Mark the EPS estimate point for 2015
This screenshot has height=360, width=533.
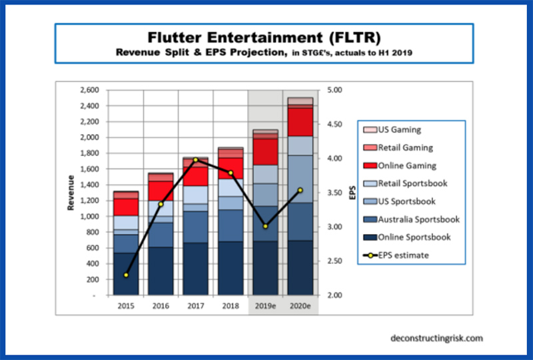tap(126, 275)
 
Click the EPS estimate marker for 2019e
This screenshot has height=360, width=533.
tap(265, 226)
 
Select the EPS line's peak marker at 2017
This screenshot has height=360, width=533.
tap(195, 160)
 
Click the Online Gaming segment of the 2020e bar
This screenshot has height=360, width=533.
tap(299, 122)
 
